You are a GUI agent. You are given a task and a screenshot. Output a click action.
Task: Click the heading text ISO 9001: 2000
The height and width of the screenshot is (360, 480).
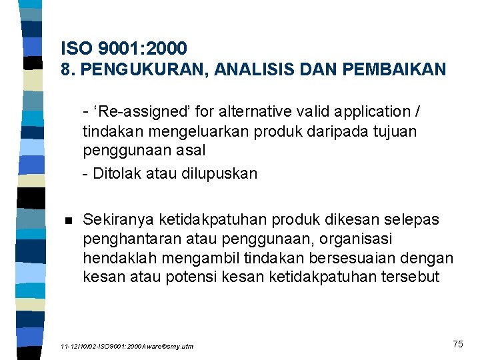coord(123,48)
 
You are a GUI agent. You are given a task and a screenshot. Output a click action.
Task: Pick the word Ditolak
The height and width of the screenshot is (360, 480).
coord(117,174)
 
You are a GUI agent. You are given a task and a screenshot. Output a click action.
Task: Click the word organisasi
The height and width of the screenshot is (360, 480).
coord(359,238)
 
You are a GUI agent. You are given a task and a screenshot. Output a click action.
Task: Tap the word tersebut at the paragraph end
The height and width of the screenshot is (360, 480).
coord(414,277)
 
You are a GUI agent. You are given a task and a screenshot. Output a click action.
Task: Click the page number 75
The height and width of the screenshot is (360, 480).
coord(457,343)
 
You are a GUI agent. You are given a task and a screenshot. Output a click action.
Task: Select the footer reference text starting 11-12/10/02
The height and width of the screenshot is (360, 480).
coord(127,347)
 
